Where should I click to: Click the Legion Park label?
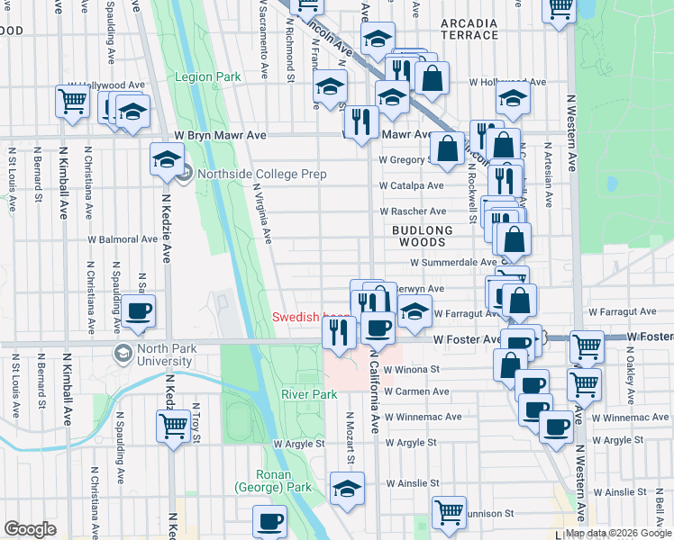[208, 77]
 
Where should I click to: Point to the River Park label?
[309, 394]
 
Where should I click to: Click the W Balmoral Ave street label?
[123, 240]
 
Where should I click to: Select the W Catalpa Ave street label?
[412, 186]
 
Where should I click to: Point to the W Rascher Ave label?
[413, 211]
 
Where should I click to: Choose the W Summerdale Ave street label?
[447, 263]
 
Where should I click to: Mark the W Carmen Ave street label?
[416, 392]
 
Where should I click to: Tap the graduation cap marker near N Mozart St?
[347, 487]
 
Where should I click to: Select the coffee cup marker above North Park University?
[138, 310]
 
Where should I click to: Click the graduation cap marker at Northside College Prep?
[165, 160]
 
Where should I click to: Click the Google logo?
[30, 529]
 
